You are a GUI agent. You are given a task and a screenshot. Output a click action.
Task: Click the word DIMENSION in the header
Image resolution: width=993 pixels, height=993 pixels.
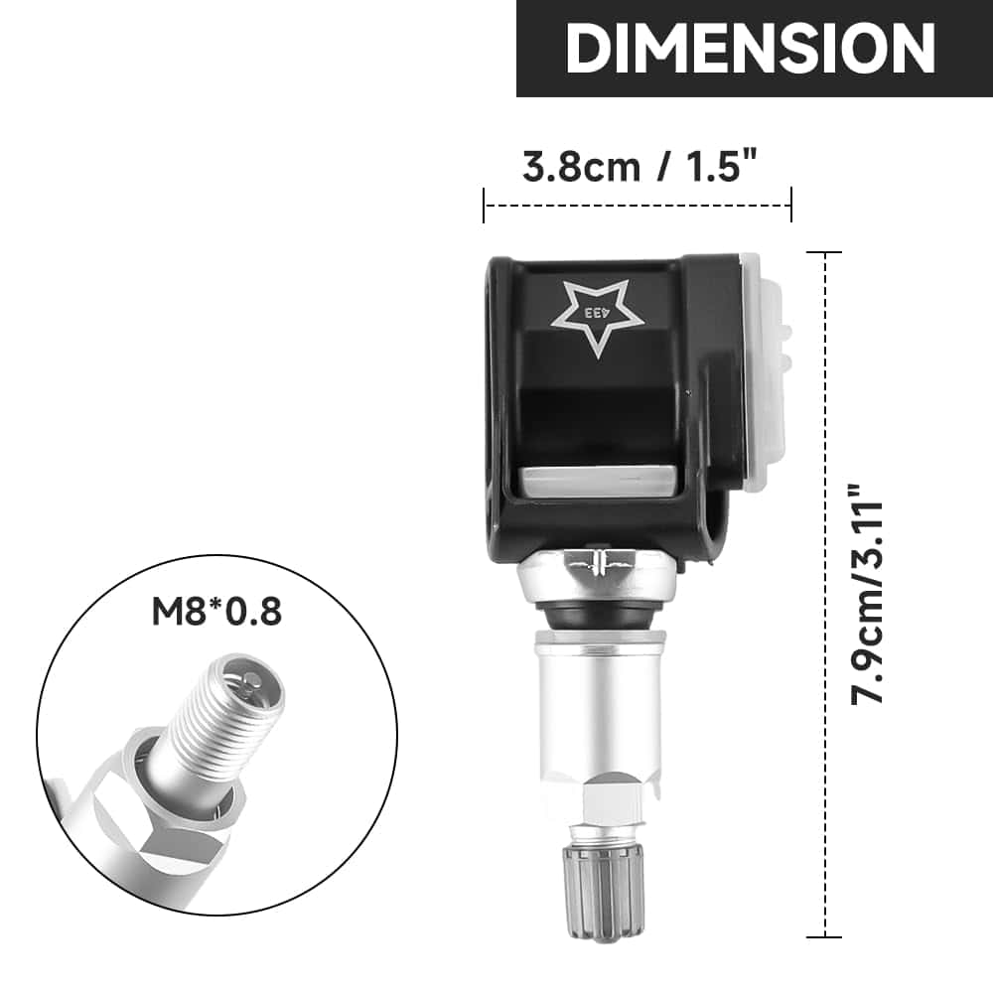tap(751, 47)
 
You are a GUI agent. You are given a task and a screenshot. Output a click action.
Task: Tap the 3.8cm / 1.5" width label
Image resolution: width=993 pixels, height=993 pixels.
tap(646, 167)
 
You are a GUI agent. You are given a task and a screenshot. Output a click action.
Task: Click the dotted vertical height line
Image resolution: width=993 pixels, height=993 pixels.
tap(824, 596)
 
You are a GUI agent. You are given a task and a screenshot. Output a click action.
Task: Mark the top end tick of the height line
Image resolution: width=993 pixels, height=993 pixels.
tap(824, 253)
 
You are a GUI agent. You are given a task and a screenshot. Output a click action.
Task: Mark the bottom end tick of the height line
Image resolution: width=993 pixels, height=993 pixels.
tap(824, 936)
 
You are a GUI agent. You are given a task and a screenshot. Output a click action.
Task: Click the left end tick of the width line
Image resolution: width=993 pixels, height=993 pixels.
tap(484, 206)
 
